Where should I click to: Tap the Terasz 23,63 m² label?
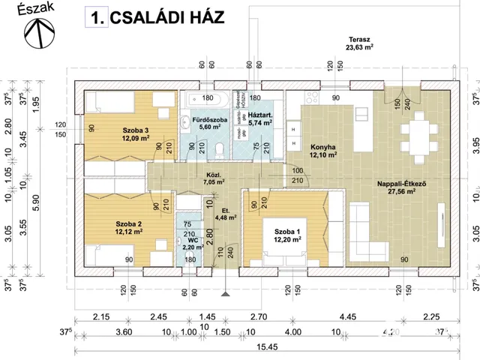[x=361, y=44]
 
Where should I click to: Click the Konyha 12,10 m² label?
[x=322, y=151]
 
